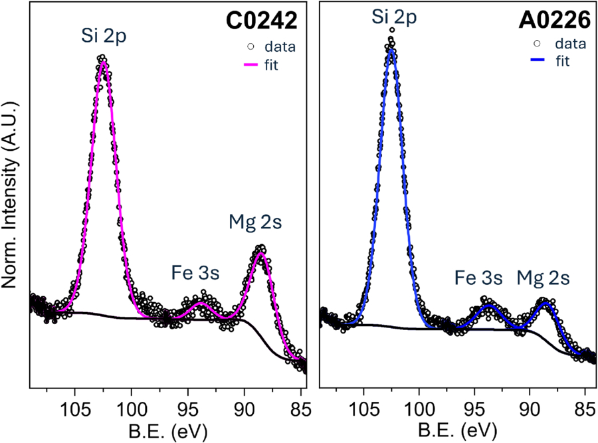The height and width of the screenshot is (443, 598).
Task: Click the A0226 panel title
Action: [555, 21]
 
